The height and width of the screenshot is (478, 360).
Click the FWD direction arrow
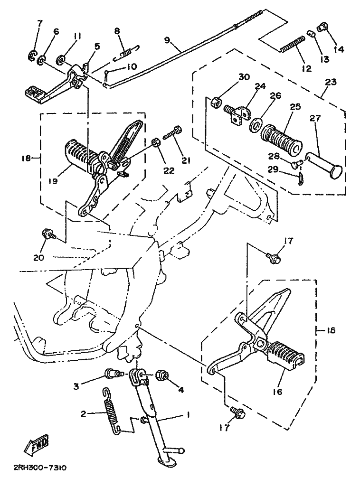(x=36, y=443)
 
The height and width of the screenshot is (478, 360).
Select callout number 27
(x=315, y=118)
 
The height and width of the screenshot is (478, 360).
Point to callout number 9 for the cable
(x=167, y=40)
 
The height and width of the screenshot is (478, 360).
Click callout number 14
(x=339, y=49)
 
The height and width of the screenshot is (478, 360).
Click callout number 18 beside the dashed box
(x=27, y=158)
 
